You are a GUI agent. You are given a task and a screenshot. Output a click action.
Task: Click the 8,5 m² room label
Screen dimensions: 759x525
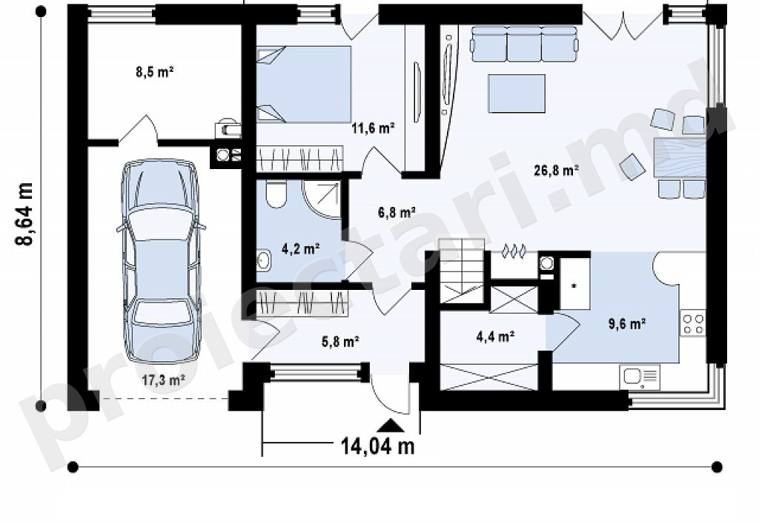pyautogui.click(x=154, y=73)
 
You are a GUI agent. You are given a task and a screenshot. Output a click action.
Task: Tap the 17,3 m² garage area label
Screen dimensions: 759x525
pyautogui.click(x=164, y=380)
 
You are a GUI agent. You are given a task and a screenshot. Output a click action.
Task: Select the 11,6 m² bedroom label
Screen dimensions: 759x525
pyautogui.click(x=373, y=128)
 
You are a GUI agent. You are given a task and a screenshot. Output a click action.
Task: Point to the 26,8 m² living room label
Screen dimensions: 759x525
pyautogui.click(x=557, y=170)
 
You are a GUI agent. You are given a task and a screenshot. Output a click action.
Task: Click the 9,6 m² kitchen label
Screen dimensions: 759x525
pyautogui.click(x=627, y=323)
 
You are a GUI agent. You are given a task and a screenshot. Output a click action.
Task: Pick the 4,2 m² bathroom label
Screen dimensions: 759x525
pyautogui.click(x=300, y=249)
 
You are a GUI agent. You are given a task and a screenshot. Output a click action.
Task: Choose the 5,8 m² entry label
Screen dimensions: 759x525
pyautogui.click(x=339, y=342)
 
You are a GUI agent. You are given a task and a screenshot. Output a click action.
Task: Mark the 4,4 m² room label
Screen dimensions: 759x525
pyautogui.click(x=496, y=336)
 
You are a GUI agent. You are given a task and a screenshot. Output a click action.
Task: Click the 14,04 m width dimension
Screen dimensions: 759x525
pyautogui.click(x=378, y=446)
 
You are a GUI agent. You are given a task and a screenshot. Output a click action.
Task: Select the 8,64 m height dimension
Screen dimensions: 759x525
pyautogui.click(x=24, y=214)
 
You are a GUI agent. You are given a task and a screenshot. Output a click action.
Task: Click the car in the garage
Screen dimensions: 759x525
pyautogui.click(x=160, y=262)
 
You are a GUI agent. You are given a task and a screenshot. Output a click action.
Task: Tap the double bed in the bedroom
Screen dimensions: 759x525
pyautogui.click(x=303, y=85)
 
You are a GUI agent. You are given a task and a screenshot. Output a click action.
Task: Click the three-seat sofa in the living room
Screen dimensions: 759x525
pyautogui.click(x=524, y=44)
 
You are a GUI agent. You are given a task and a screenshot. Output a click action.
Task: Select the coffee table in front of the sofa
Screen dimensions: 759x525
pyautogui.click(x=517, y=93)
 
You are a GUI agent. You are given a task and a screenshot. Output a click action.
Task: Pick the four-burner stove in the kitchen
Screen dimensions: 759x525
pyautogui.click(x=693, y=323)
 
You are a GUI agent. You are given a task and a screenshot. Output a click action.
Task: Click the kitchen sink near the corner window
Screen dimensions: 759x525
pyautogui.click(x=639, y=377)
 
